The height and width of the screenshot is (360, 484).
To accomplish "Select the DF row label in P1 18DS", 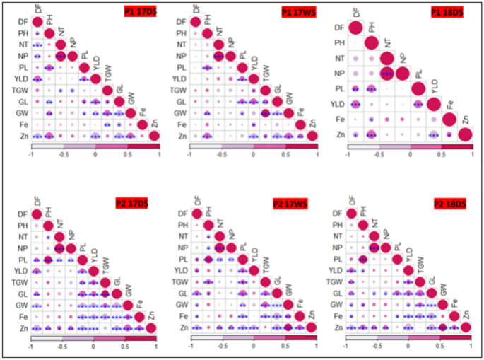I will (339, 28).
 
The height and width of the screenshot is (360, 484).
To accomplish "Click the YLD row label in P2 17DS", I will (22, 270).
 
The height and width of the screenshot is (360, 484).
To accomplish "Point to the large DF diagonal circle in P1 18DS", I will (356, 28).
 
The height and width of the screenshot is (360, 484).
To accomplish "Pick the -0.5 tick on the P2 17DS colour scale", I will (61, 347).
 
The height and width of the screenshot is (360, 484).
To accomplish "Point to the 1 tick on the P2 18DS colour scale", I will (470, 347).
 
